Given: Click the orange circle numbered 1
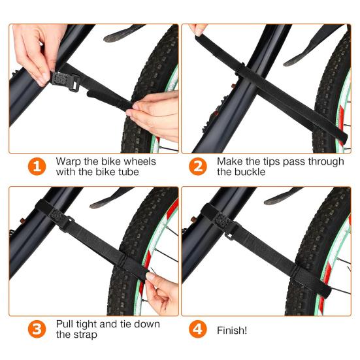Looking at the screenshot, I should (x=37, y=167).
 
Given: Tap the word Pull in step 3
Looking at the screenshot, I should (x=66, y=324).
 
